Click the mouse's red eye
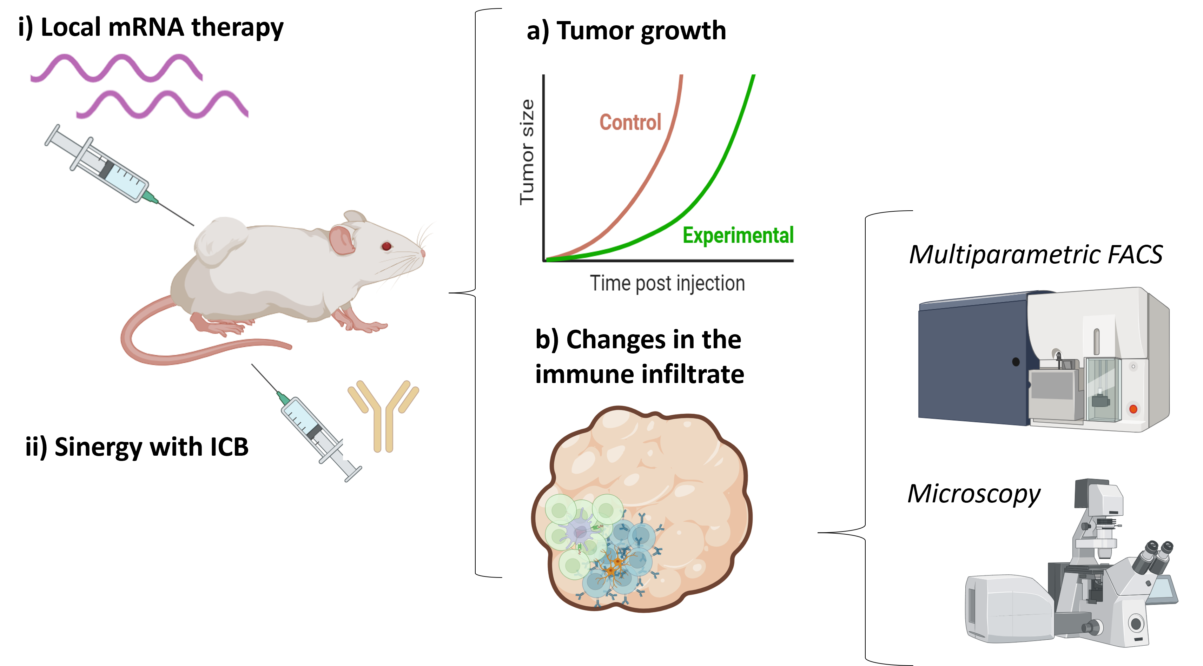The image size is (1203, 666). [x=386, y=246]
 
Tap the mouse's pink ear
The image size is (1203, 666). [x=342, y=239]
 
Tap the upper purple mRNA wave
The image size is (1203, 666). [x=117, y=68]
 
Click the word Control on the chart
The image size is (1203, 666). [x=630, y=123]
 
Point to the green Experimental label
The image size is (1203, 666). [x=738, y=235]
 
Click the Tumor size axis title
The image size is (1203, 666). [x=527, y=152]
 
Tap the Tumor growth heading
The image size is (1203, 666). [x=626, y=31]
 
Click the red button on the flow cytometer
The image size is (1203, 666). [x=1133, y=409]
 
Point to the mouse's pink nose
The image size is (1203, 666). [x=423, y=253]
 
